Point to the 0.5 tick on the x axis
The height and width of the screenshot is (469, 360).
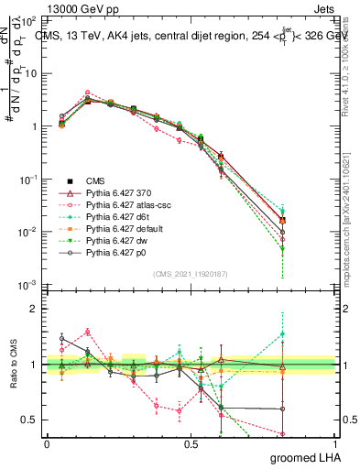191,443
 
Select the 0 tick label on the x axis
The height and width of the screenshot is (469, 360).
47,443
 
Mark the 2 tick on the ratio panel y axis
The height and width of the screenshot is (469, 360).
37,309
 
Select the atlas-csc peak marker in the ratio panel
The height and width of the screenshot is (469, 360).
88,332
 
